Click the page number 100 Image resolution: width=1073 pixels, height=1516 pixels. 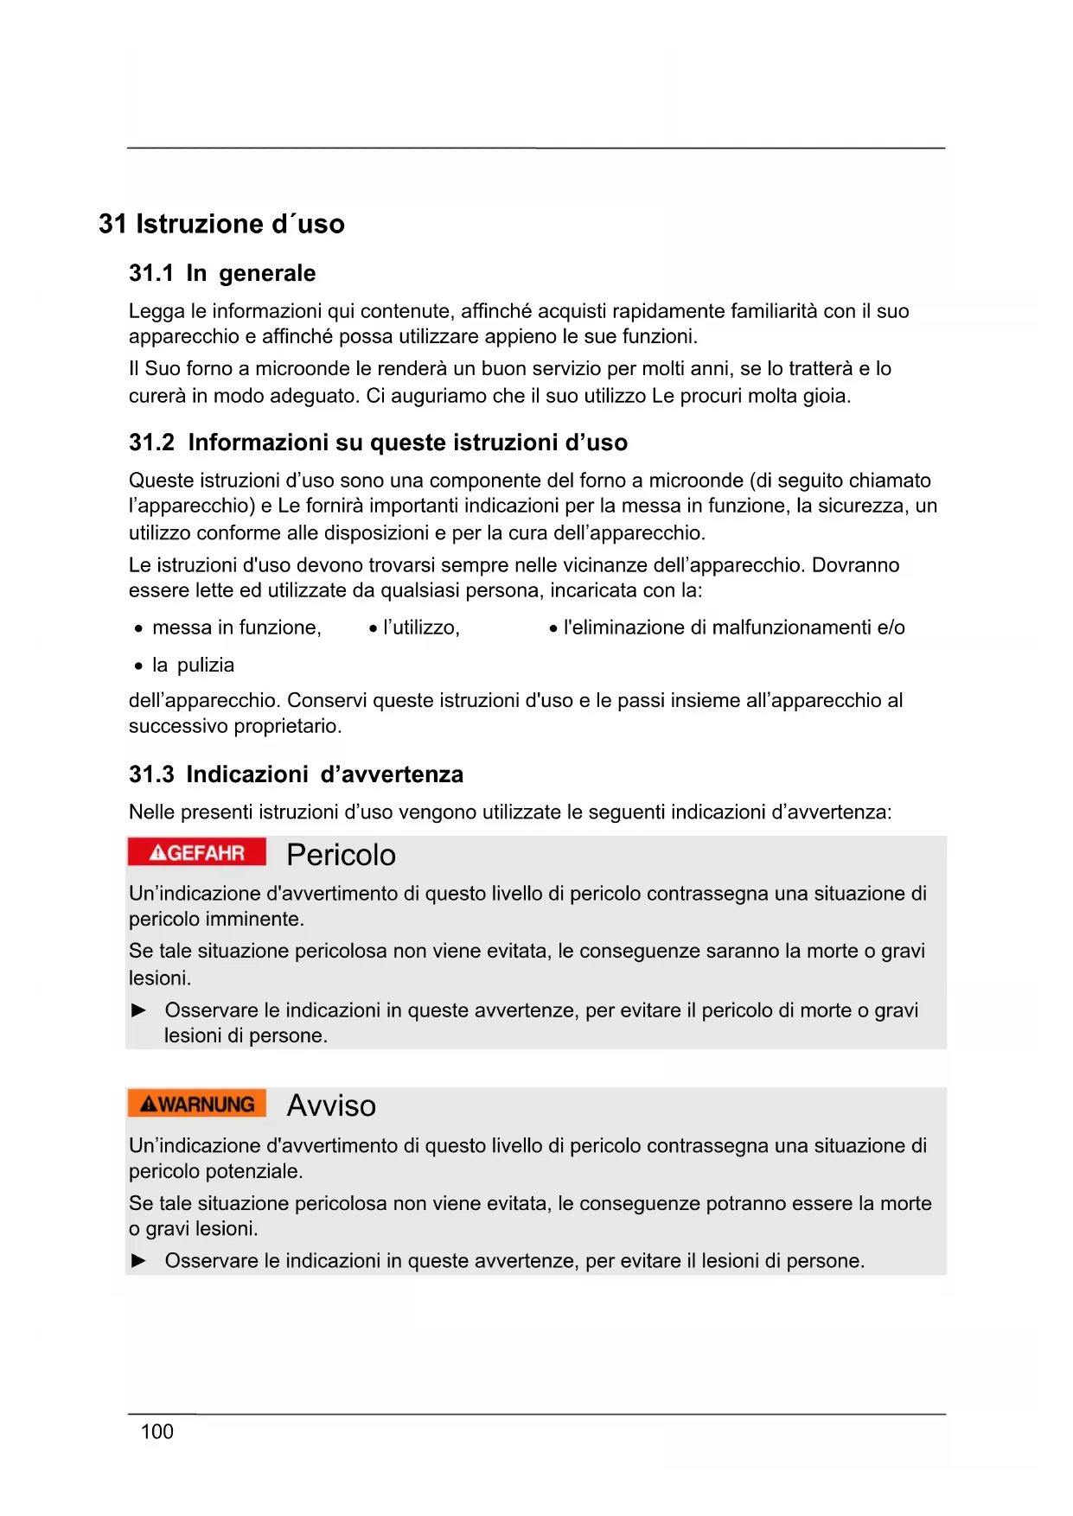point(156,1432)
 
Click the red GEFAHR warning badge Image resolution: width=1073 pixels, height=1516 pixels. point(196,853)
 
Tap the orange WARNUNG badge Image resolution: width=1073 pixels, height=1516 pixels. point(196,1104)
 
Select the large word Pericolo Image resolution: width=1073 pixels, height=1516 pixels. point(341,855)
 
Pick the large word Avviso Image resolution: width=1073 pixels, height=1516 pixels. point(331,1105)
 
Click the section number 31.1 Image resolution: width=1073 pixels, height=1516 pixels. point(151,273)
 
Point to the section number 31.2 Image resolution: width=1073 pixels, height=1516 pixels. point(151,443)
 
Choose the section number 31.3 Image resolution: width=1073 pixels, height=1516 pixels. point(151,774)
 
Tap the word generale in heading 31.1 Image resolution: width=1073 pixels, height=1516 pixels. point(267,273)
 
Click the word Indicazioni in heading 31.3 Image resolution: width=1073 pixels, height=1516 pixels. point(247,774)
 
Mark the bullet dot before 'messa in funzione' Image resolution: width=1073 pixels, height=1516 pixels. point(138,629)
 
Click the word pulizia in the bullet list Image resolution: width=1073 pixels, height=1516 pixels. point(206,666)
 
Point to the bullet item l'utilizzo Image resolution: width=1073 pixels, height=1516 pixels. point(420,627)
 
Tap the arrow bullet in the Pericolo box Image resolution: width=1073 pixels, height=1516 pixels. point(138,1010)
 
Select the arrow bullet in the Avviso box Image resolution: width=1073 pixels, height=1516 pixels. point(138,1261)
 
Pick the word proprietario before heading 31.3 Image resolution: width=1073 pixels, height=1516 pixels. point(289,726)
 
